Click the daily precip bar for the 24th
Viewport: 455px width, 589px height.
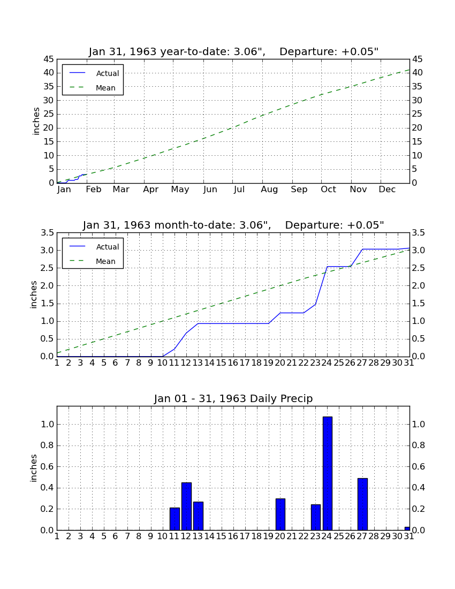pyautogui.click(x=328, y=473)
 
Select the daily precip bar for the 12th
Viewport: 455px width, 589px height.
pyautogui.click(x=187, y=507)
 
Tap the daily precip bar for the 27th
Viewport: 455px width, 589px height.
pyautogui.click(x=362, y=504)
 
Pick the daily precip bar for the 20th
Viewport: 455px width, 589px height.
pyautogui.click(x=280, y=514)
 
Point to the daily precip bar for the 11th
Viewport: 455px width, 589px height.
pyautogui.click(x=175, y=519)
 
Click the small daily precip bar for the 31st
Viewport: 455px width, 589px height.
pyautogui.click(x=407, y=528)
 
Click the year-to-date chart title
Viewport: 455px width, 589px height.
pyautogui.click(x=233, y=51)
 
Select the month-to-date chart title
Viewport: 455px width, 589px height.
pyautogui.click(x=233, y=225)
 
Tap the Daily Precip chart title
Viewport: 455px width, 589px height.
pyautogui.click(x=233, y=398)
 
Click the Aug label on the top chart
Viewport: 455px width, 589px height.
pyautogui.click(x=269, y=190)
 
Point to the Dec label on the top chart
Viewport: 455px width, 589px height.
pyautogui.click(x=387, y=190)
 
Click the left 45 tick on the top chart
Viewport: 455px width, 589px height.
pyautogui.click(x=49, y=59)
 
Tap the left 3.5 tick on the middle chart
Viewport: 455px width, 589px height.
pyautogui.click(x=47, y=233)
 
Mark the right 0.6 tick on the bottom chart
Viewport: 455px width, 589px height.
pyautogui.click(x=418, y=466)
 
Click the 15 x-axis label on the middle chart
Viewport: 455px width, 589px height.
pyautogui.click(x=221, y=363)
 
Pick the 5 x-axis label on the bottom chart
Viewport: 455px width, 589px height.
pyautogui.click(x=104, y=537)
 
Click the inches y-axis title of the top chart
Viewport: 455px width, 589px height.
pyautogui.click(x=36, y=122)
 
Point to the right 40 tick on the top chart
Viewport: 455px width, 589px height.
pyautogui.click(x=418, y=73)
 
